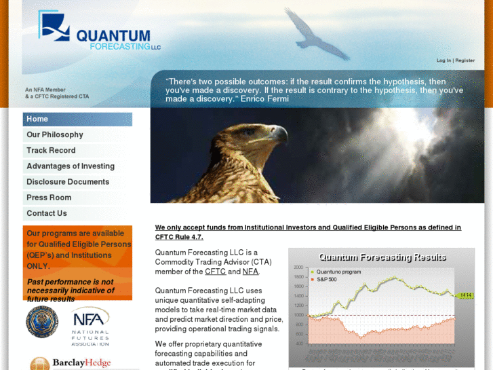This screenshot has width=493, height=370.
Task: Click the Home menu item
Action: click(x=38, y=119)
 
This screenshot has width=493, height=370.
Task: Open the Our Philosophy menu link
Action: click(x=55, y=135)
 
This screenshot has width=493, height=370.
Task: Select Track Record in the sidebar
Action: click(x=51, y=151)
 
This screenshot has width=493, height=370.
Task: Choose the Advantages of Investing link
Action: click(x=71, y=166)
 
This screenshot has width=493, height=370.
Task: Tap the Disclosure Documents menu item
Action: click(x=68, y=182)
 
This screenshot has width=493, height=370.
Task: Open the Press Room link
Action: click(x=49, y=198)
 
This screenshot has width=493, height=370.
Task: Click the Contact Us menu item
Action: click(x=47, y=213)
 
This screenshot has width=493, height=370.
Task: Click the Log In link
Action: click(x=443, y=60)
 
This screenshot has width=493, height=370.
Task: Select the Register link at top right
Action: click(x=465, y=60)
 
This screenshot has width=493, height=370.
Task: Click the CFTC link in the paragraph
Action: click(x=215, y=272)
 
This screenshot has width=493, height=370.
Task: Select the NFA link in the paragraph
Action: click(x=250, y=272)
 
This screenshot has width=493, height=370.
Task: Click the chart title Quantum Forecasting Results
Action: click(x=382, y=257)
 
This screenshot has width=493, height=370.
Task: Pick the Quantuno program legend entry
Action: click(x=338, y=272)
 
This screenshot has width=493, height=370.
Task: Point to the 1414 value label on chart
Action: click(x=465, y=295)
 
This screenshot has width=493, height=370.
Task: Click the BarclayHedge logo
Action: click(x=71, y=363)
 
